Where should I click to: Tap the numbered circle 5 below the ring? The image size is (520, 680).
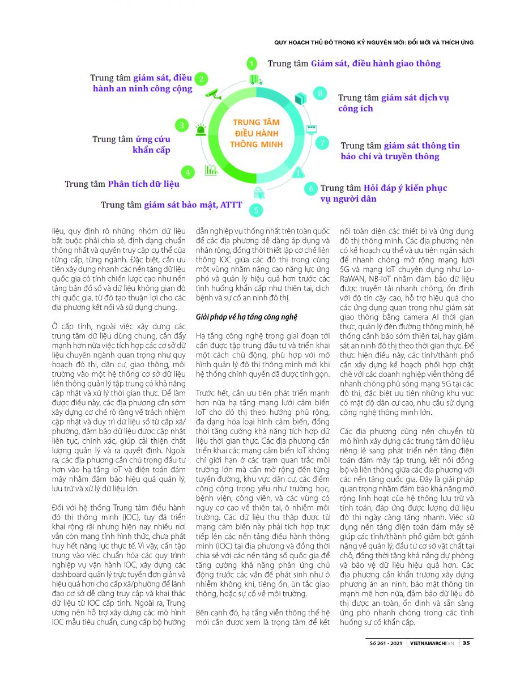(256, 210)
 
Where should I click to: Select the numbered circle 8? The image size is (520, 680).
(321, 93)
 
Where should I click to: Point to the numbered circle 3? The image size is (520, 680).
(181, 125)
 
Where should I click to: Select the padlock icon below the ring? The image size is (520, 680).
(258, 192)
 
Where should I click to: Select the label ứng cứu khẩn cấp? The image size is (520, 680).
(152, 144)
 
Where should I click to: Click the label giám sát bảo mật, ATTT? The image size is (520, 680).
(188, 205)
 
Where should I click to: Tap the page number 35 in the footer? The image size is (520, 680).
(466, 643)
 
